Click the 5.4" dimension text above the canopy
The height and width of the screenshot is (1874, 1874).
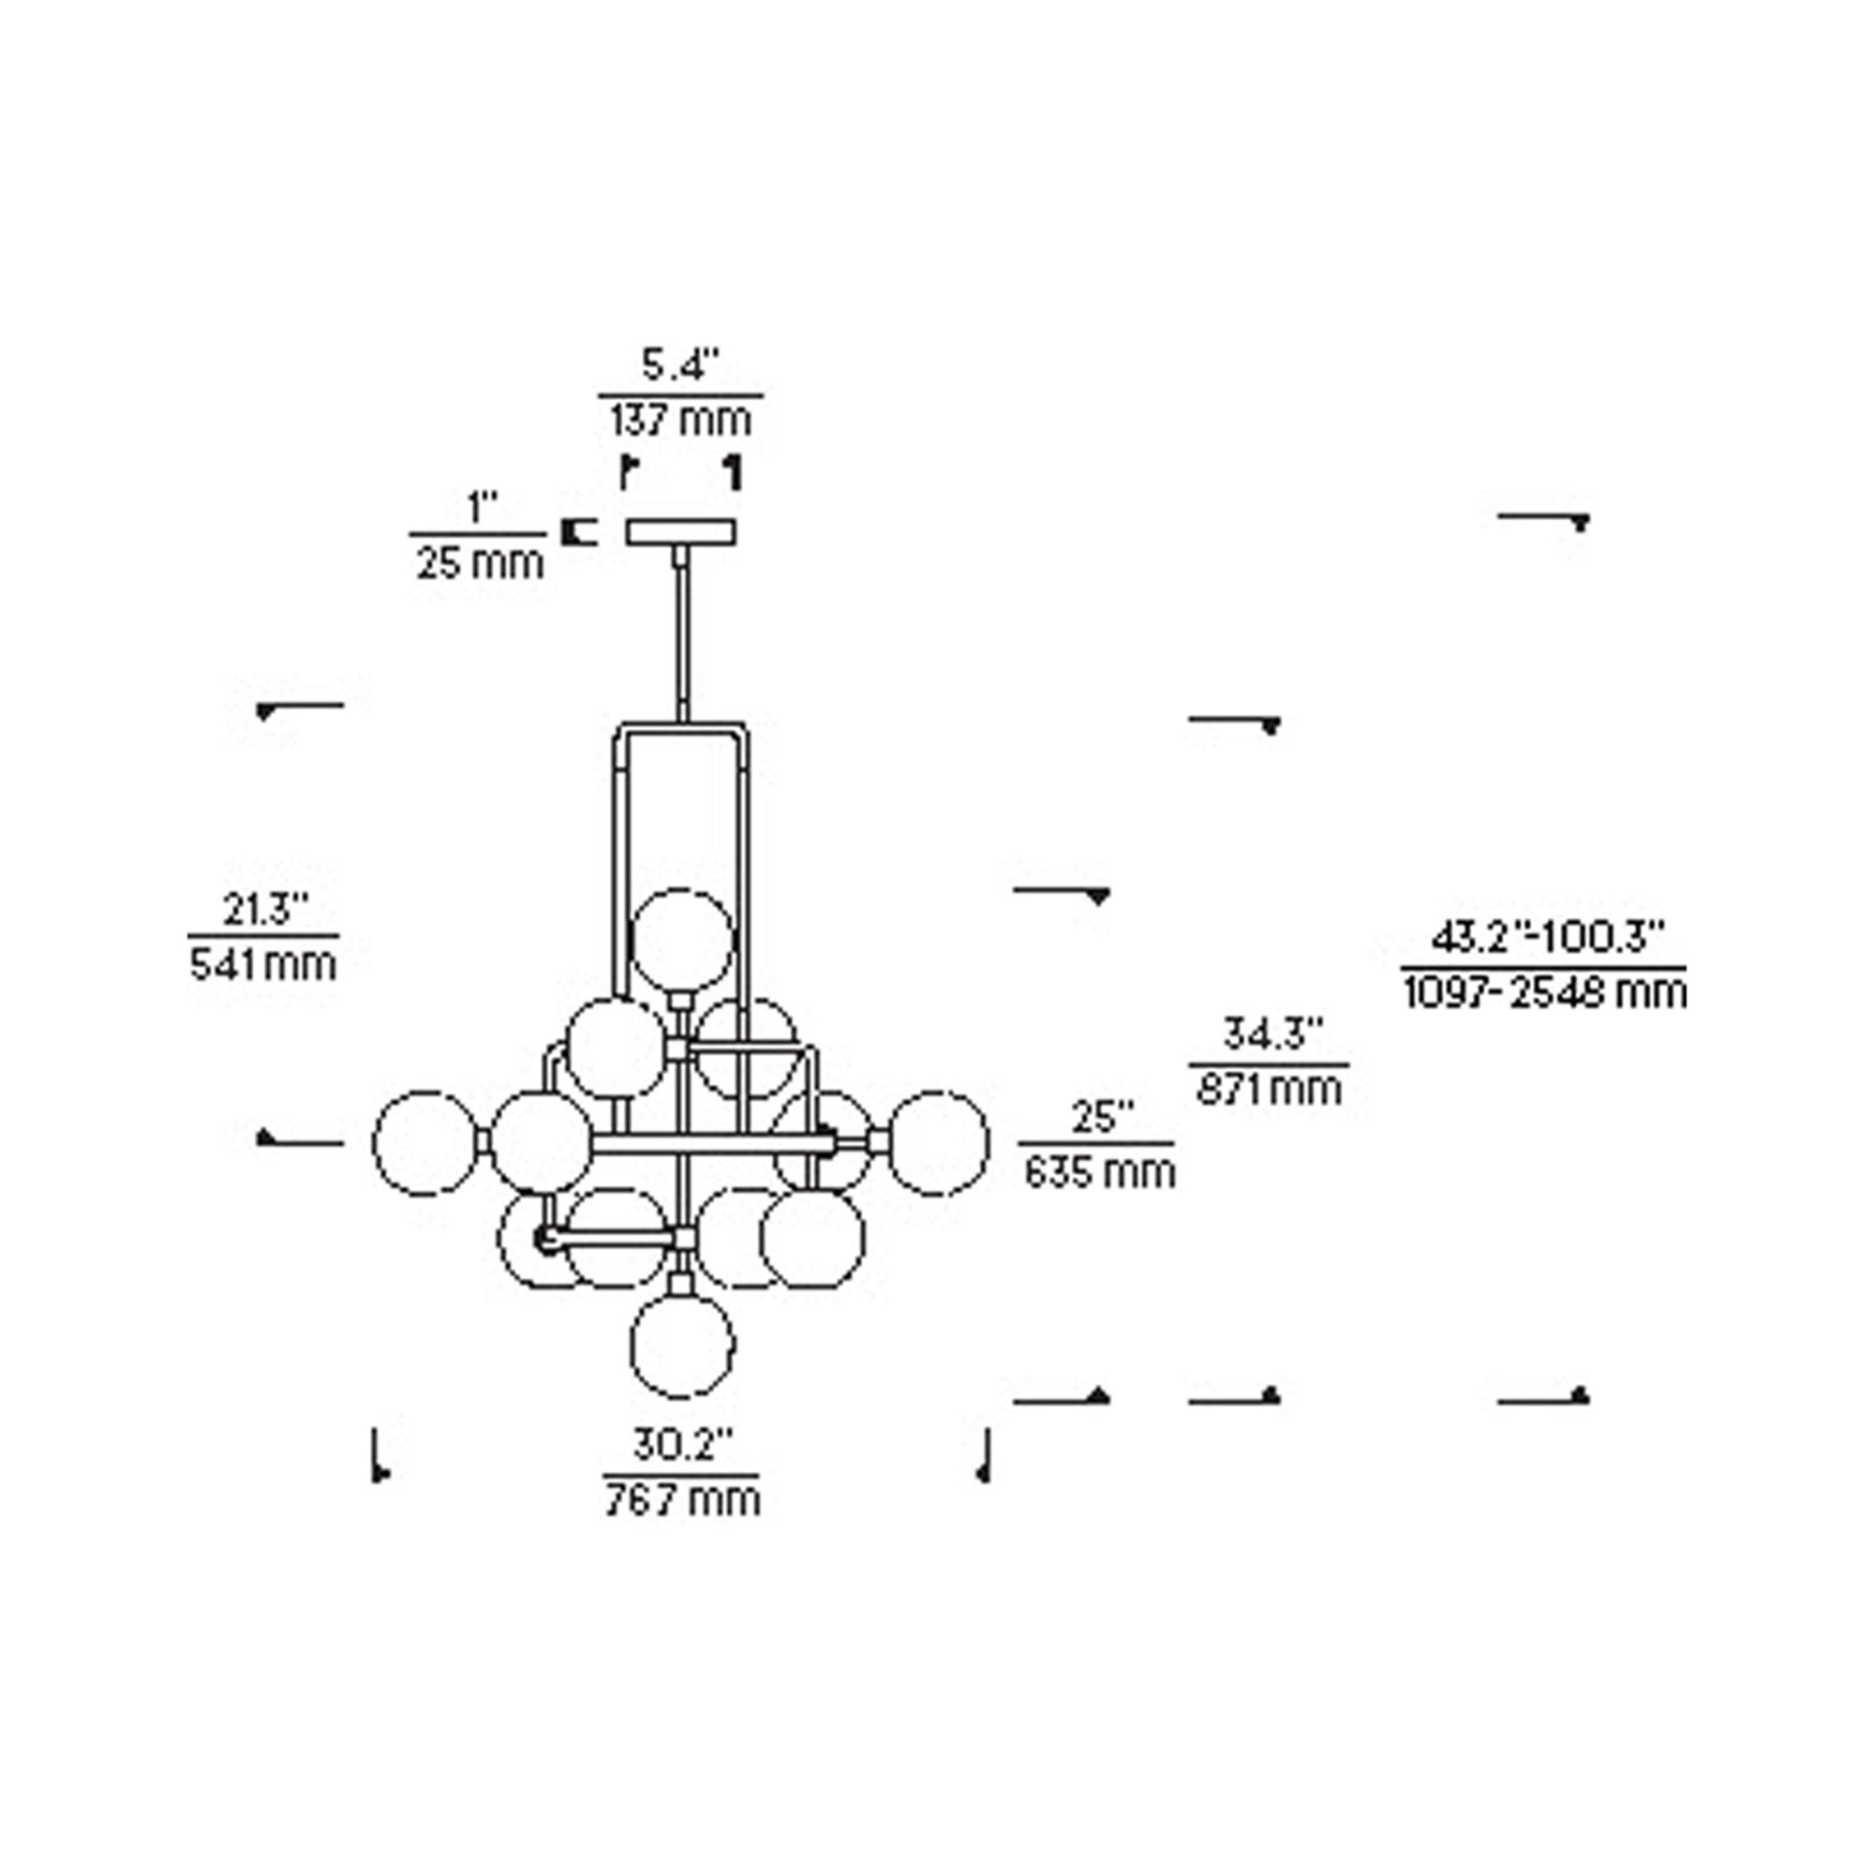pos(681,366)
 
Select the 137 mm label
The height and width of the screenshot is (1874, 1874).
pos(681,420)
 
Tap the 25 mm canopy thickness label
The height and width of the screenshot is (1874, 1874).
pos(480,561)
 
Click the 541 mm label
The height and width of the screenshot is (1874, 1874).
pos(264,964)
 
